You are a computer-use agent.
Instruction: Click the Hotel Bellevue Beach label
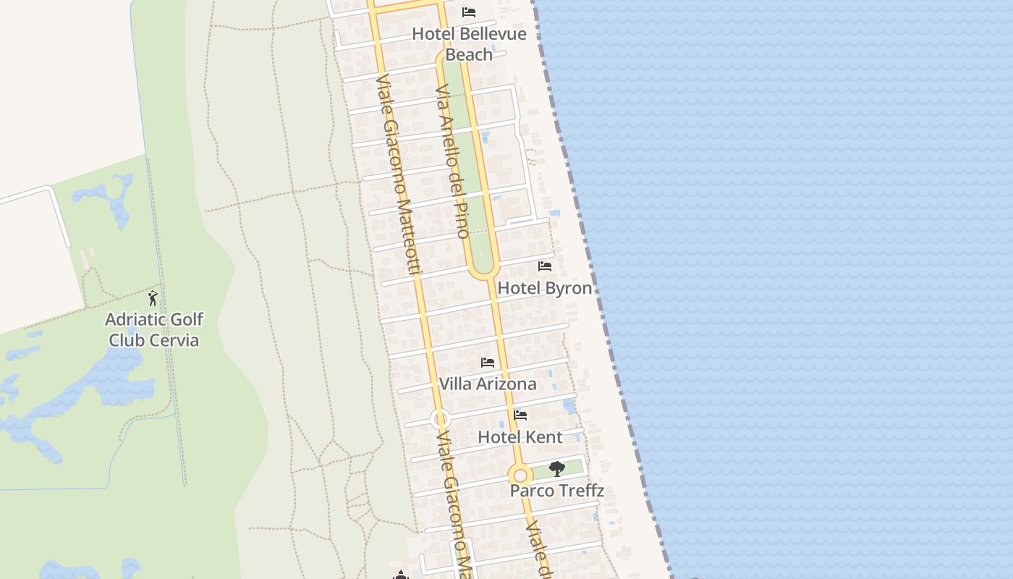(469, 43)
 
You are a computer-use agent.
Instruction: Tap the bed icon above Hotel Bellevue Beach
(469, 12)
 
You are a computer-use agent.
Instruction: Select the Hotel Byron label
(545, 288)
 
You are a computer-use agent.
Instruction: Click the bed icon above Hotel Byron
(545, 266)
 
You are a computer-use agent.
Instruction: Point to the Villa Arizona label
(488, 384)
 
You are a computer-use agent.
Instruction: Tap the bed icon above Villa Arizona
(488, 363)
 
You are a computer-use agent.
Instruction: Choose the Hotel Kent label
(520, 437)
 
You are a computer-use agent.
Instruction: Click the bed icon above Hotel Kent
(520, 415)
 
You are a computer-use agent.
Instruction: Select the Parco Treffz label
(556, 491)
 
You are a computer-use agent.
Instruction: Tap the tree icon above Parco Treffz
(556, 469)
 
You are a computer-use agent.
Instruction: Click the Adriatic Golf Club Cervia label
(153, 329)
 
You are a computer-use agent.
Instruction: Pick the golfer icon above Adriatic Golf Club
(153, 298)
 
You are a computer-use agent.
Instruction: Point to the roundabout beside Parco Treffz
(520, 476)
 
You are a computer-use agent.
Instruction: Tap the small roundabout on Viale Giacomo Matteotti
(440, 419)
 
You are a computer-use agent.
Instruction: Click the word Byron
(568, 288)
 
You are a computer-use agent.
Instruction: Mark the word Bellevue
(493, 33)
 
